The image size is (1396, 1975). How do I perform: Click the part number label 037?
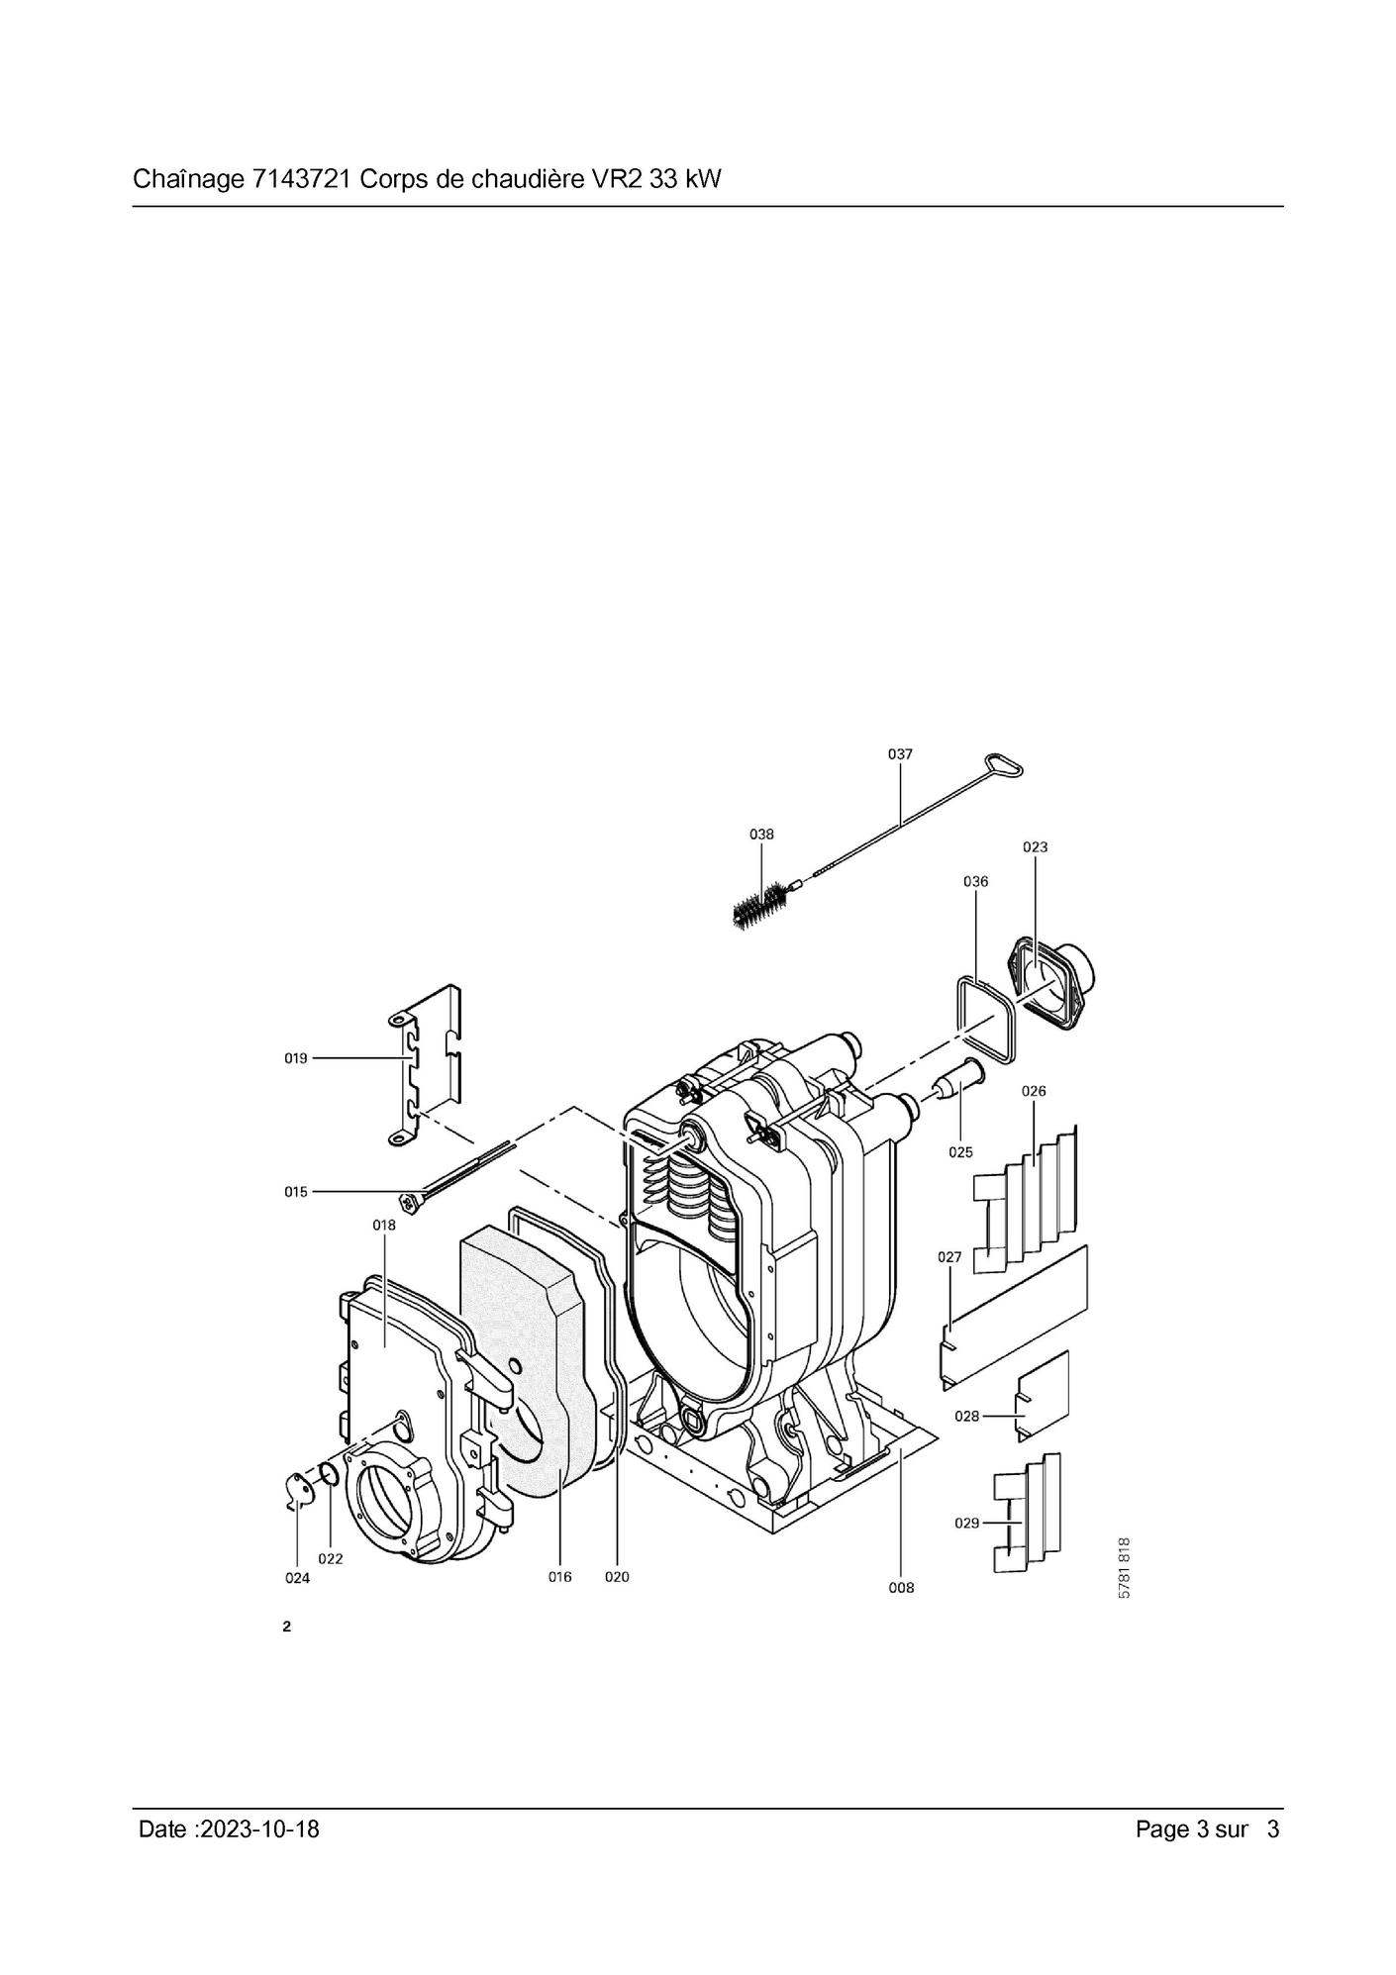[x=900, y=753]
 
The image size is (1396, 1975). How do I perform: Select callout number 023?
[x=1035, y=846]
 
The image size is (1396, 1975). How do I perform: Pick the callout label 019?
[x=296, y=1058]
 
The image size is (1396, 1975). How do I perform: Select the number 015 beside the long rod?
[x=296, y=1192]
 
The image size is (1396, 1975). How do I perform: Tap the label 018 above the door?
[x=384, y=1225]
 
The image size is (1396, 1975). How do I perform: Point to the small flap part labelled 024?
[x=296, y=1493]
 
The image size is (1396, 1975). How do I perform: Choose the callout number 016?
[x=560, y=1577]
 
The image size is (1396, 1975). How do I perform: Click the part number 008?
[x=902, y=1587]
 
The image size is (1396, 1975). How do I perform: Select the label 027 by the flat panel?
[x=949, y=1257]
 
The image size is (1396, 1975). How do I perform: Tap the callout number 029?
[x=966, y=1523]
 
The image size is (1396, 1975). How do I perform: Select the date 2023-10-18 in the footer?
[x=259, y=1828]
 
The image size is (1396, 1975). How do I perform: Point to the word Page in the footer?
[x=1163, y=1829]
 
